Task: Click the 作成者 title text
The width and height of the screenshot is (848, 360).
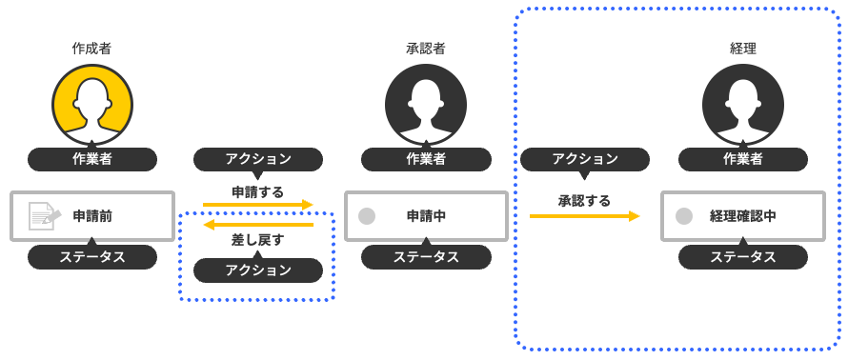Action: (92, 48)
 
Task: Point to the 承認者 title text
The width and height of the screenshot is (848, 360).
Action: (426, 48)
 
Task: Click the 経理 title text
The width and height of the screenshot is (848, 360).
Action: (743, 48)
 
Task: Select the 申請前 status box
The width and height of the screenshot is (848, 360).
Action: (92, 216)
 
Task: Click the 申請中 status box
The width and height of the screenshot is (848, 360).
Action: (426, 216)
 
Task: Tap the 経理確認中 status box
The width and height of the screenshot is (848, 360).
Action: (743, 216)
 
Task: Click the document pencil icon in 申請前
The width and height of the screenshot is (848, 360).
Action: (44, 216)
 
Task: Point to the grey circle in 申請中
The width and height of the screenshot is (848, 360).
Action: (366, 216)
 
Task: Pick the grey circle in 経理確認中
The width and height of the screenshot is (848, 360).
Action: (683, 216)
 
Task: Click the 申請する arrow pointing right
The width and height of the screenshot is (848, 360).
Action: (258, 204)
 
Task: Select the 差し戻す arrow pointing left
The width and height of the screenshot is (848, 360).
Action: (258, 225)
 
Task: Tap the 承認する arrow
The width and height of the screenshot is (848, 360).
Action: (584, 216)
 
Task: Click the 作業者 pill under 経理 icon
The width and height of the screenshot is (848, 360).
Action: (743, 159)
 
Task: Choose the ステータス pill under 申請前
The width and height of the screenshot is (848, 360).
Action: (92, 257)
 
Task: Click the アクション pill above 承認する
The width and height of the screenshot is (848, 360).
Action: (584, 159)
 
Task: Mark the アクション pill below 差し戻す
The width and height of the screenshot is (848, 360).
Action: (258, 270)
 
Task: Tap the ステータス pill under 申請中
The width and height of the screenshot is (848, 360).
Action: (426, 257)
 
